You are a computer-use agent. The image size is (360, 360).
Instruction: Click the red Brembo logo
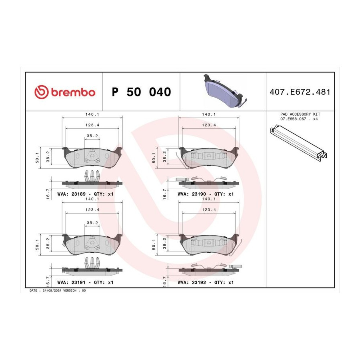(x=65, y=92)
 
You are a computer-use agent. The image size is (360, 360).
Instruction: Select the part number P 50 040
(x=141, y=92)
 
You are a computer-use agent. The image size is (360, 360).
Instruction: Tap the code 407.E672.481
(x=300, y=92)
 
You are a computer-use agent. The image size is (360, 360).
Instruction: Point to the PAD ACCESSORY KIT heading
(x=300, y=114)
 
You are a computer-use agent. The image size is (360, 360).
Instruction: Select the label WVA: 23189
(x=72, y=194)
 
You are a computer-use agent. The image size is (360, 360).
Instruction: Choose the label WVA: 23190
(x=192, y=194)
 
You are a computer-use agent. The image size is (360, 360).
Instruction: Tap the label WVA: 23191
(x=72, y=282)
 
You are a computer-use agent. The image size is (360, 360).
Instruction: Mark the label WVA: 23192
(x=192, y=282)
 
